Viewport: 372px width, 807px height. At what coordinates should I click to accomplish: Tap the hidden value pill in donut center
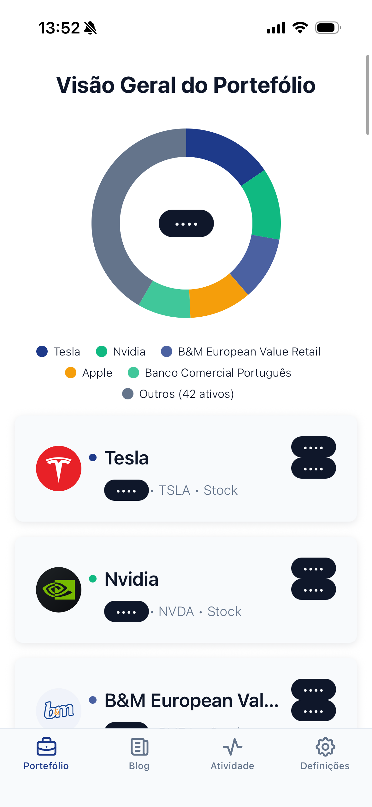pyautogui.click(x=186, y=224)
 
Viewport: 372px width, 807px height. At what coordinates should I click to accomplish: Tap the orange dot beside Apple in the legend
pyautogui.click(x=71, y=373)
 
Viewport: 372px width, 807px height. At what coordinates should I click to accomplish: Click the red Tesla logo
pyautogui.click(x=59, y=469)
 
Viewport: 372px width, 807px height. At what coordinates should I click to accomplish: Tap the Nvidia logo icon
pyautogui.click(x=59, y=590)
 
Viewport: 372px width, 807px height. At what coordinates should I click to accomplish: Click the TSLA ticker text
pyautogui.click(x=174, y=490)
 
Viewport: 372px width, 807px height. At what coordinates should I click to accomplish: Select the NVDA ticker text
pyautogui.click(x=176, y=612)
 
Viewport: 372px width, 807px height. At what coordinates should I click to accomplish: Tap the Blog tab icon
pyautogui.click(x=139, y=747)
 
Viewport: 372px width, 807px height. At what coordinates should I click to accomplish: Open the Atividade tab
pyautogui.click(x=233, y=753)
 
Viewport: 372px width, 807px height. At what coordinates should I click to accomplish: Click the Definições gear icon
pyautogui.click(x=325, y=747)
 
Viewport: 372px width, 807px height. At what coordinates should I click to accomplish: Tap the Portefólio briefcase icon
pyautogui.click(x=46, y=747)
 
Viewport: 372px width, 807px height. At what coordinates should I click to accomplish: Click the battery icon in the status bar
pyautogui.click(x=328, y=28)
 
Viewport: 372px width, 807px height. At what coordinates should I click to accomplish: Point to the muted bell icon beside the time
pyautogui.click(x=91, y=28)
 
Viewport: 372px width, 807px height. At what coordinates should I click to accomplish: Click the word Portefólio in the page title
pyautogui.click(x=264, y=85)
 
